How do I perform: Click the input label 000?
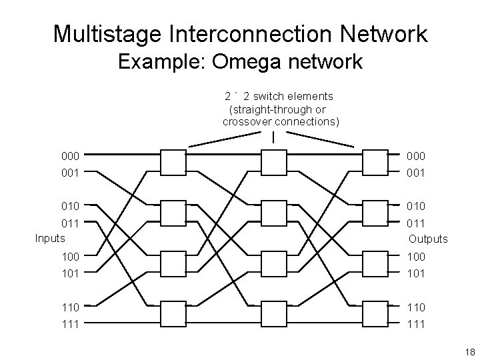point(70,155)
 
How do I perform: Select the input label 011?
point(70,223)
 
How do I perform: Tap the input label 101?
point(70,273)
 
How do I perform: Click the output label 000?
point(417,155)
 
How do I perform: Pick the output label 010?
point(417,206)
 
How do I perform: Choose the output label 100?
point(417,256)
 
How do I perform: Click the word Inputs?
point(51,237)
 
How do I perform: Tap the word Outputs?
point(428,239)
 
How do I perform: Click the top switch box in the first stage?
point(173,162)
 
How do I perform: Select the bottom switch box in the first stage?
point(173,313)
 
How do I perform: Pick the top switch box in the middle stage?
point(273,162)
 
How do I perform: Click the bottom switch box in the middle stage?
point(273,313)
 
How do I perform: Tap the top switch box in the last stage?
point(374,162)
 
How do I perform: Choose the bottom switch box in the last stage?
point(374,313)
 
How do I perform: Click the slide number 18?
point(469,351)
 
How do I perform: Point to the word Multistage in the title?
point(110,33)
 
